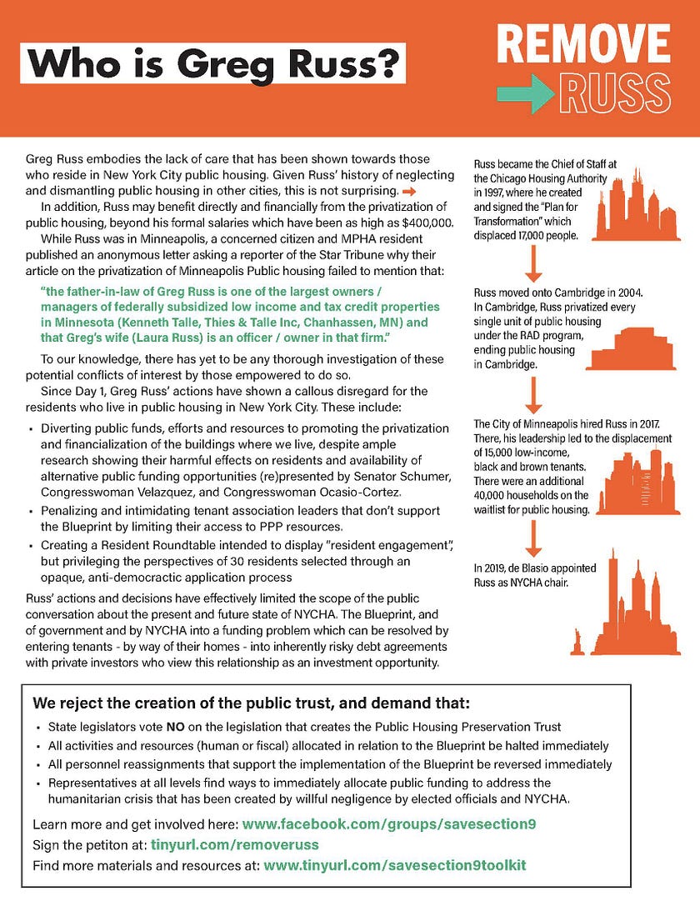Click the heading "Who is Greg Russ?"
click(212, 63)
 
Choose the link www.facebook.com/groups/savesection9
click(389, 825)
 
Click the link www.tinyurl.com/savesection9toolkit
click(395, 866)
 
